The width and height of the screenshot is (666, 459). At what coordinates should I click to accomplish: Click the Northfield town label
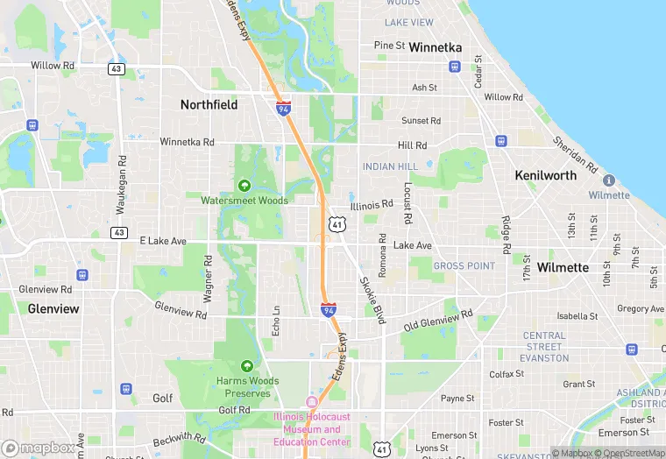pos(209,104)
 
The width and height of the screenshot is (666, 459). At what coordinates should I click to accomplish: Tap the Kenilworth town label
pos(546,175)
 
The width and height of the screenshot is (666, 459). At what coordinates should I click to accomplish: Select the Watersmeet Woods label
pos(244,201)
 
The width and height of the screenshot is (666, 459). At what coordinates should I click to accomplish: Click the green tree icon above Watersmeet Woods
pos(244,185)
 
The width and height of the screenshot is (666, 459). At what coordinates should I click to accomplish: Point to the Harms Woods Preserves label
pos(246,387)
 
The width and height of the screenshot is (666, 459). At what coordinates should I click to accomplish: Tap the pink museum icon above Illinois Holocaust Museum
pos(308,402)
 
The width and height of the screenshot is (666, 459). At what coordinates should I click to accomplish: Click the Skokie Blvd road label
pos(372,301)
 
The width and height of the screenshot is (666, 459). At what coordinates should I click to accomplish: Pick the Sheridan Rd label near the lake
pos(575,154)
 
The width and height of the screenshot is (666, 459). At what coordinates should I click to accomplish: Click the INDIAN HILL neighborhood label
pos(390,166)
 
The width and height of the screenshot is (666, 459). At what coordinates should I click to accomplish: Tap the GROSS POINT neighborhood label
pos(464,265)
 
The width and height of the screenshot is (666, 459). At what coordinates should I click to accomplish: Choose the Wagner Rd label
pos(208,278)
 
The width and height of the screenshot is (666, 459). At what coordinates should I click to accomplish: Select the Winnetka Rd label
pos(187,142)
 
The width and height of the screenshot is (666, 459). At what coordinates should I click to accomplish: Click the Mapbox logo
pos(39,448)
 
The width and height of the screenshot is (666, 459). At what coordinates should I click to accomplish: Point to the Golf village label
pos(163,398)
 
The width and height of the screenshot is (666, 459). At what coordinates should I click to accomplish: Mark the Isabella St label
pos(577,316)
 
